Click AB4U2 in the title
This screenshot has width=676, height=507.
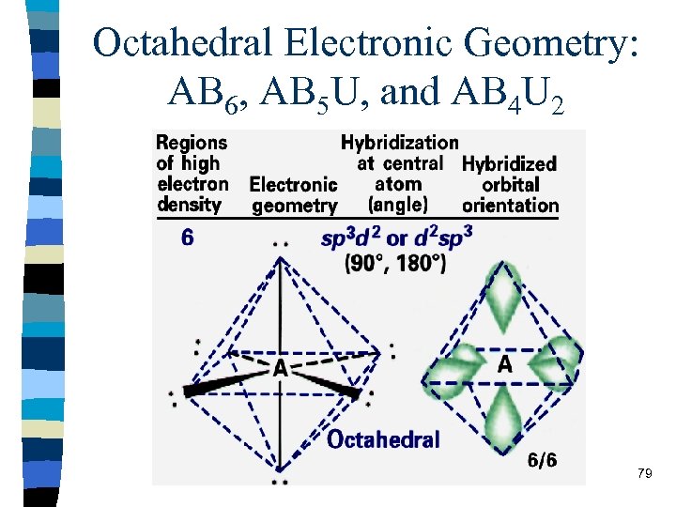[508, 93]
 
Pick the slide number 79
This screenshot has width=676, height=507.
[644, 473]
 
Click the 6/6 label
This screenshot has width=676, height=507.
[542, 460]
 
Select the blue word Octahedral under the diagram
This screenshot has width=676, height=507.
[382, 438]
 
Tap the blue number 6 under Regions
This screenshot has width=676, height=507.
[188, 238]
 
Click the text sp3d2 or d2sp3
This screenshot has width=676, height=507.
[395, 238]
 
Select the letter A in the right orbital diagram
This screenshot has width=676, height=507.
[504, 363]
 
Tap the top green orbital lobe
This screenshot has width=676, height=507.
[503, 293]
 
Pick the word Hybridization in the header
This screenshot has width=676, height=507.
[399, 143]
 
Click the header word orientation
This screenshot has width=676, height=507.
[510, 205]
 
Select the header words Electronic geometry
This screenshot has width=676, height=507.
[293, 194]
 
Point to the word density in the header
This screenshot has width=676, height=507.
[189, 204]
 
